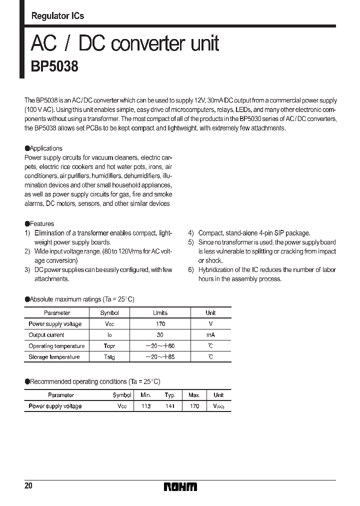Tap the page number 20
point(28,486)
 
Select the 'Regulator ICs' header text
point(57,16)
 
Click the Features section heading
point(41,224)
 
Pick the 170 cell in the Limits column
point(160,324)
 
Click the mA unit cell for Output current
point(210,335)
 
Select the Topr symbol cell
point(109,346)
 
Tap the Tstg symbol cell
point(109,357)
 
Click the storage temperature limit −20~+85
point(160,357)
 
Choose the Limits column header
point(160,313)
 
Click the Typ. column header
point(170,395)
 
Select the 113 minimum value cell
point(146,406)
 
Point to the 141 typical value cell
point(170,406)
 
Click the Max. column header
point(194,395)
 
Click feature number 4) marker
point(191,233)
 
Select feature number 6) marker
point(191,270)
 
